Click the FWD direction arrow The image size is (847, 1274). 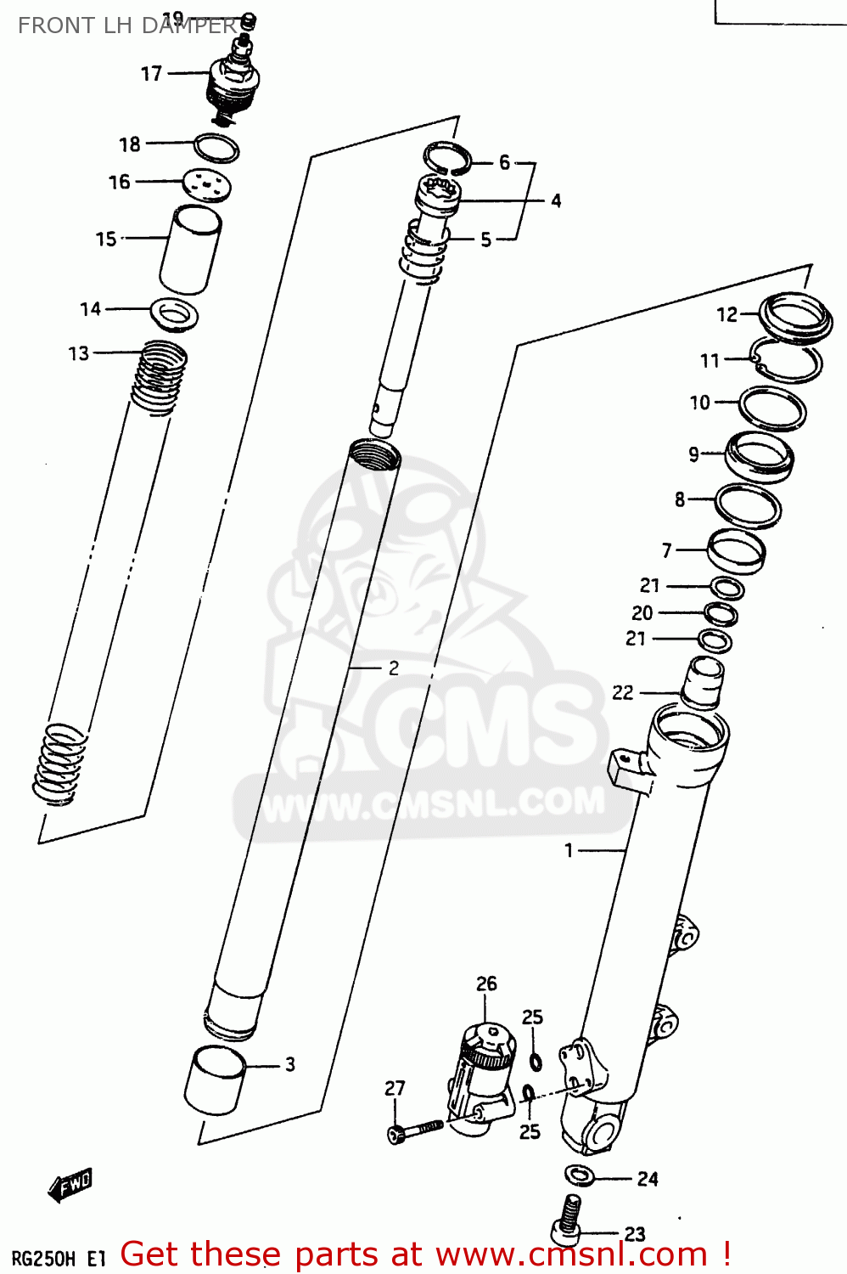tap(70, 1184)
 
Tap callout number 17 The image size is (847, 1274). tap(151, 74)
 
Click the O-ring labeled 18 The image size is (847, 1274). tap(216, 148)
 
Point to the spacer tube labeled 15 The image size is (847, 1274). tap(190, 251)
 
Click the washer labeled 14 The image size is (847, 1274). tap(175, 314)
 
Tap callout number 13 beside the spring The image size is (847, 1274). tap(78, 353)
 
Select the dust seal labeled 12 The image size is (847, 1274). tap(794, 317)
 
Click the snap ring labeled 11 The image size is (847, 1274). tap(787, 361)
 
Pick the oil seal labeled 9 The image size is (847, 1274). tap(759, 458)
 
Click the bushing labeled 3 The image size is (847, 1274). tap(215, 1080)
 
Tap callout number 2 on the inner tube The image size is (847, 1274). tap(393, 668)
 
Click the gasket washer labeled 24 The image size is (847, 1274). tap(580, 1175)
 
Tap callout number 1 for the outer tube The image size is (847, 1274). tap(569, 850)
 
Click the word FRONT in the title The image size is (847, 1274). tap(48, 25)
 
